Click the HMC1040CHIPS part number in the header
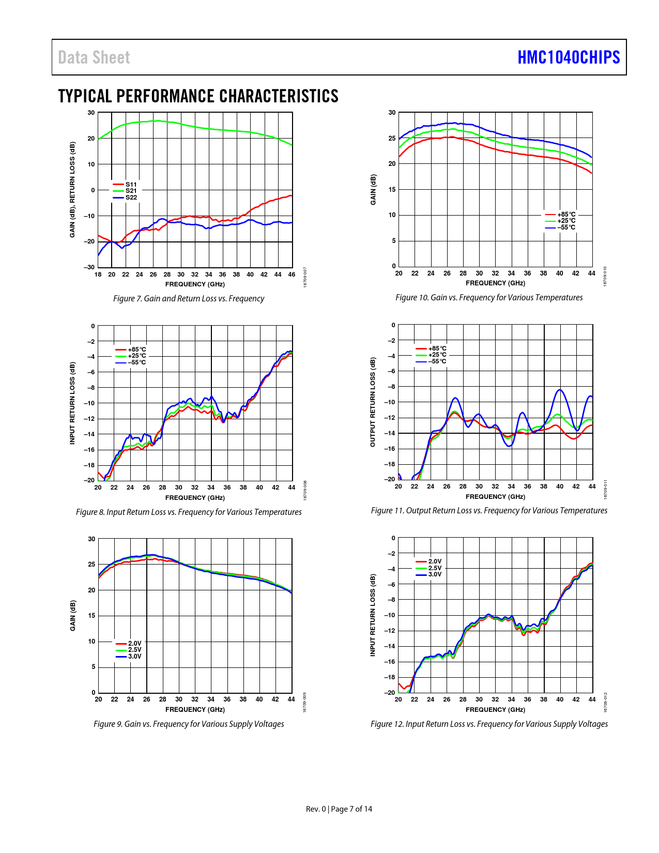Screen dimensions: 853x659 [569, 57]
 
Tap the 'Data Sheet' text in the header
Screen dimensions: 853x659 [94, 57]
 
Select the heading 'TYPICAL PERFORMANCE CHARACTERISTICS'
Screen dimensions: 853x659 [198, 96]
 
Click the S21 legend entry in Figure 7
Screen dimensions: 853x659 [131, 191]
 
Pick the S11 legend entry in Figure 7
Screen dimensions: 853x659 [131, 185]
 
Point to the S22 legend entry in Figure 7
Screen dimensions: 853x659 [131, 197]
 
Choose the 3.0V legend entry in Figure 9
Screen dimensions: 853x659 [134, 657]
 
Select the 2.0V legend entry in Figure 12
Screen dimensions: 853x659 [435, 561]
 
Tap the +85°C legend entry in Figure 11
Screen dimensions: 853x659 [437, 348]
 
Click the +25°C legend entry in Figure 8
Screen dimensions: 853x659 [136, 356]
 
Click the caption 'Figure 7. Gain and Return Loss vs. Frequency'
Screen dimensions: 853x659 [189, 299]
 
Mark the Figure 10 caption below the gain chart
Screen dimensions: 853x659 [489, 298]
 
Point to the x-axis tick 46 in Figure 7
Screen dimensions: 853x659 [292, 275]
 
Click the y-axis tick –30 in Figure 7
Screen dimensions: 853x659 [89, 267]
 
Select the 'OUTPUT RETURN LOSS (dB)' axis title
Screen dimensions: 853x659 [373, 402]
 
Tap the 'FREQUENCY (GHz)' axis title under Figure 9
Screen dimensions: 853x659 [195, 710]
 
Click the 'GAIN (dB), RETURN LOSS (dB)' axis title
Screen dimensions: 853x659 [72, 190]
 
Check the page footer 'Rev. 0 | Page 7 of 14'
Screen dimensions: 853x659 [339, 809]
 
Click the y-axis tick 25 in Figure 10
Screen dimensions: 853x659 [392, 138]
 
